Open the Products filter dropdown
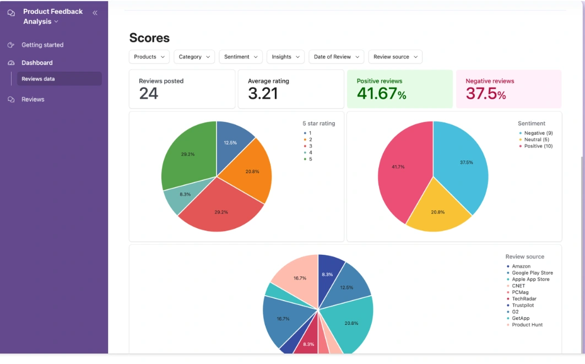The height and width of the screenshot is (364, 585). [x=149, y=57]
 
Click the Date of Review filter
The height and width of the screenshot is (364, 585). [x=337, y=57]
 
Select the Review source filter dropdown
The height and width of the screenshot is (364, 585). [x=395, y=57]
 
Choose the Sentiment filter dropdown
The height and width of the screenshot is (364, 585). [x=241, y=57]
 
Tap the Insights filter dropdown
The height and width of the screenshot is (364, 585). [x=285, y=57]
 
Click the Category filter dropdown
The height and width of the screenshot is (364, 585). [x=194, y=57]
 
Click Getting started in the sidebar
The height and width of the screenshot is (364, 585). [x=42, y=45]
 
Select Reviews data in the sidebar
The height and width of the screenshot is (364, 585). [x=38, y=79]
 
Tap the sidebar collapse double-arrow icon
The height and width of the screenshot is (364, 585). [x=95, y=13]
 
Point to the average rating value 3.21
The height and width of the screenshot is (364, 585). [x=263, y=94]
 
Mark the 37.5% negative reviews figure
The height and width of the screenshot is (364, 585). [x=485, y=94]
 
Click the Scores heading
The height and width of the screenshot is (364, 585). [x=149, y=38]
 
